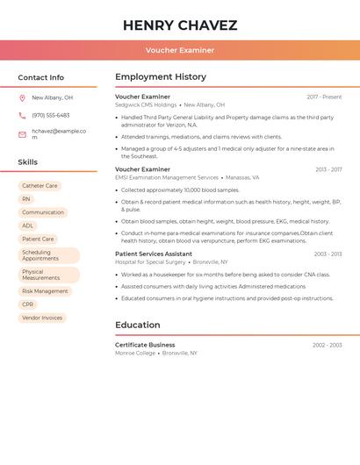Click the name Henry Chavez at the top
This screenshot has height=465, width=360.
(x=180, y=25)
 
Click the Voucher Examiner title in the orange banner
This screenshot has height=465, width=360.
(x=180, y=50)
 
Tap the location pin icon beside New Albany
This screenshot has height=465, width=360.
(x=22, y=98)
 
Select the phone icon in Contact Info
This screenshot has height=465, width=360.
(x=22, y=115)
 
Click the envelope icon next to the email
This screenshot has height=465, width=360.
(x=22, y=134)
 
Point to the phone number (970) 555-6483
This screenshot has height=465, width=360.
(x=50, y=115)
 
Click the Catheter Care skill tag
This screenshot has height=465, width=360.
(x=40, y=186)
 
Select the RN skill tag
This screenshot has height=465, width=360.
(x=26, y=199)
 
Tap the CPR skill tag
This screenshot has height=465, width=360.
(x=28, y=304)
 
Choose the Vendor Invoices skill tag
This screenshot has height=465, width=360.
(x=42, y=318)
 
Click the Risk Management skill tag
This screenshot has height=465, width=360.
(x=45, y=291)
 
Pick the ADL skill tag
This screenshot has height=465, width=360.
(x=28, y=225)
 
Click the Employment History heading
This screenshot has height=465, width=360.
(x=161, y=77)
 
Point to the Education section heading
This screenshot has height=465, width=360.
(x=137, y=325)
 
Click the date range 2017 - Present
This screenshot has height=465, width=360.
(x=324, y=97)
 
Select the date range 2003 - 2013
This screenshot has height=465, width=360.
(x=328, y=254)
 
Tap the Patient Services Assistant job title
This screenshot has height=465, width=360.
(x=154, y=254)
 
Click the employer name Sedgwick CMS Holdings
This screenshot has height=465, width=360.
(x=146, y=104)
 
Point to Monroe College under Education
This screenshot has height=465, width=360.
(x=135, y=353)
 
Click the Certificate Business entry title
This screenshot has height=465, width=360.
(x=145, y=345)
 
